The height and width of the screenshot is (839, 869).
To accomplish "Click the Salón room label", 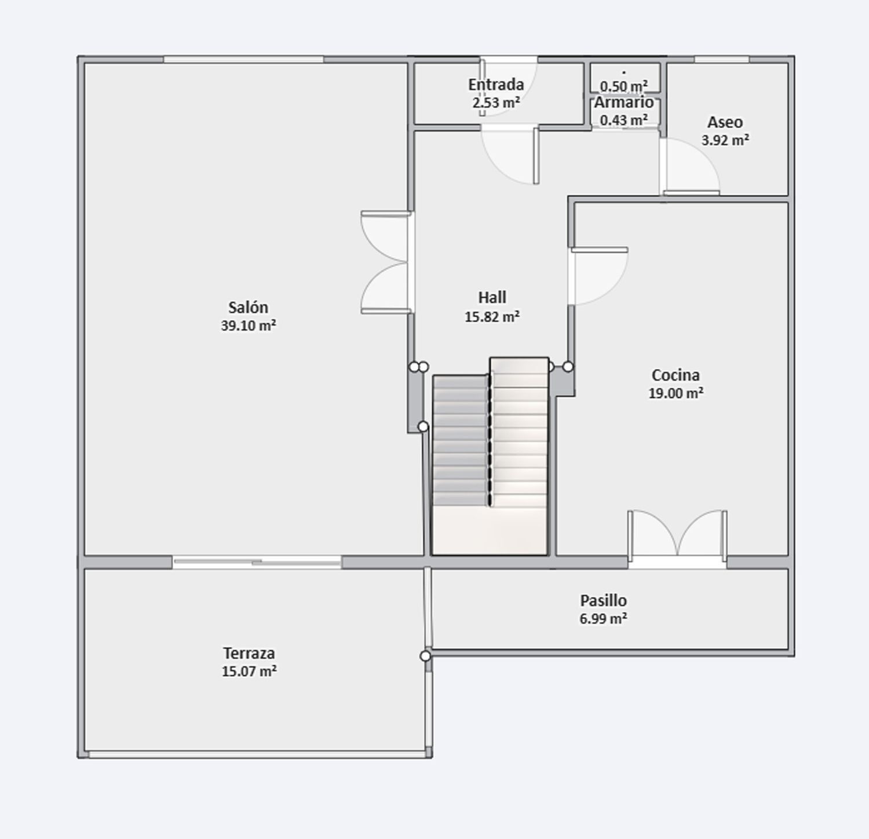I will coord(248,307).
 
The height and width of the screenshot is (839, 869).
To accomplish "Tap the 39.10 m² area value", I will coord(248,326).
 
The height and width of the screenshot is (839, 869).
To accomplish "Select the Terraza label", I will coord(249,653).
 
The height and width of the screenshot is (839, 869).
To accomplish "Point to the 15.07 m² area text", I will coord(249,672).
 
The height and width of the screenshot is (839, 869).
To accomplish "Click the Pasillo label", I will coord(603,600).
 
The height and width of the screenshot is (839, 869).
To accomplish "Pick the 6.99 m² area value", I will coord(603,619).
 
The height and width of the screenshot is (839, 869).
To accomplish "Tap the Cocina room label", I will coord(676,375).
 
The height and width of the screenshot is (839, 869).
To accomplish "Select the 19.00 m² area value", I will coord(676,393).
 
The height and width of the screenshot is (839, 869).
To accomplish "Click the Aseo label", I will coord(725,122).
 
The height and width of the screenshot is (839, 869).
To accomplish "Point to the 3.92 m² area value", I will coord(725,140).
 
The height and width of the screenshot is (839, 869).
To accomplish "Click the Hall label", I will coord(492,297).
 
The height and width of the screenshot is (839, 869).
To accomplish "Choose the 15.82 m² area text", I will coord(492,317).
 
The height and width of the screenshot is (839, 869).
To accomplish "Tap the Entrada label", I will coord(496,85).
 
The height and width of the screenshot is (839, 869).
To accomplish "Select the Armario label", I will coord(624,103).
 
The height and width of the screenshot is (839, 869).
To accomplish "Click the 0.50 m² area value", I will coord(624,86).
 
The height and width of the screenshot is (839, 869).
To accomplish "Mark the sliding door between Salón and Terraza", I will coord(257,561).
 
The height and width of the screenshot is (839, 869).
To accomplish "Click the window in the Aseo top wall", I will coord(721,59).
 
